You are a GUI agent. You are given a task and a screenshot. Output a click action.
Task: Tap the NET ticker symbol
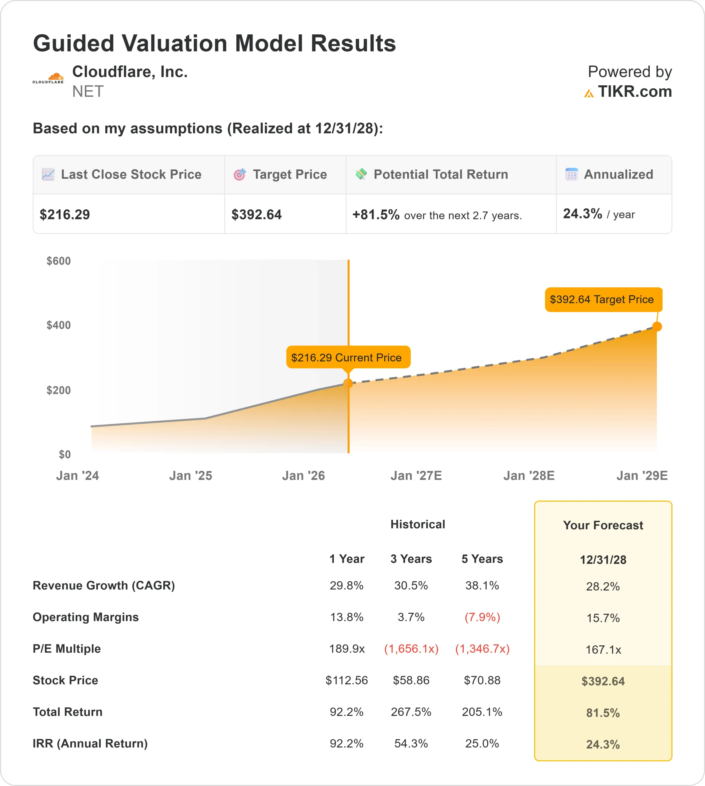88,92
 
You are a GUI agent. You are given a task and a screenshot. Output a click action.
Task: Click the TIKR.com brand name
634,92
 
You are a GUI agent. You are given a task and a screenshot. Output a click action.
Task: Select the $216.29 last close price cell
65,215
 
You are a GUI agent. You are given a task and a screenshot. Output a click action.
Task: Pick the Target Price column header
289,175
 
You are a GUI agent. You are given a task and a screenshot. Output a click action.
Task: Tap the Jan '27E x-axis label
416,476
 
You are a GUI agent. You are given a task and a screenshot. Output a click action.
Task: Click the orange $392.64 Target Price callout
603,299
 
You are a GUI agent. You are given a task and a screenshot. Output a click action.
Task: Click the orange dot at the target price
657,327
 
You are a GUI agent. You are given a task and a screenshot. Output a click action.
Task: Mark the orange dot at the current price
348,383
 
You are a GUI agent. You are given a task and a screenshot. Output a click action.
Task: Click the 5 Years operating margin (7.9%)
482,617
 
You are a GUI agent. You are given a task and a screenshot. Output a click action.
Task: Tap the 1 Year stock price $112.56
346,680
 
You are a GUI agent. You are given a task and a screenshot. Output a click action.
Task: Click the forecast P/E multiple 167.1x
603,650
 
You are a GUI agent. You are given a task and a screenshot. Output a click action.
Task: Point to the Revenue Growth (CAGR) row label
104,585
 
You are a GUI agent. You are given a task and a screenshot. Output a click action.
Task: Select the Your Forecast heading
603,525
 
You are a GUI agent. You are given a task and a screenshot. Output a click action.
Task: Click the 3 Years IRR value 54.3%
411,743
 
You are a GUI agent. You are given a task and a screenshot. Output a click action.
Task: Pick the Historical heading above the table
418,524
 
